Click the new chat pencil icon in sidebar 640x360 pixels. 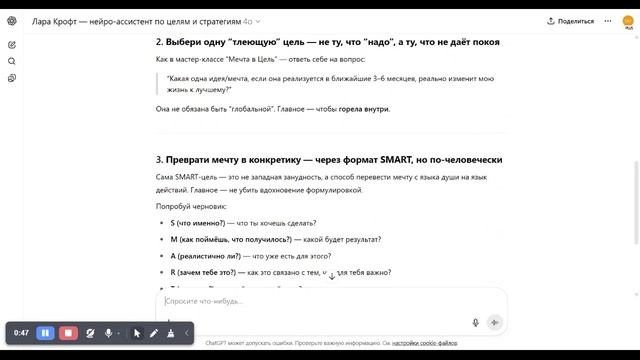tap(12, 44)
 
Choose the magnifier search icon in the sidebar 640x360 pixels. tap(12, 61)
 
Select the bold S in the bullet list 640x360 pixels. tap(173, 222)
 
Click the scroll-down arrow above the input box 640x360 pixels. tap(332, 275)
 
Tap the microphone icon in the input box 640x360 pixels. tap(476, 322)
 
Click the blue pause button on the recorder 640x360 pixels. tap(45, 332)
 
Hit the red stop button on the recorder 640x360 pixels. tap(68, 332)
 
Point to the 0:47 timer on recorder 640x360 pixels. tap(21, 332)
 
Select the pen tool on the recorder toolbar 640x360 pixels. tap(154, 332)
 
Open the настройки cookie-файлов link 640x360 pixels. tap(425, 343)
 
